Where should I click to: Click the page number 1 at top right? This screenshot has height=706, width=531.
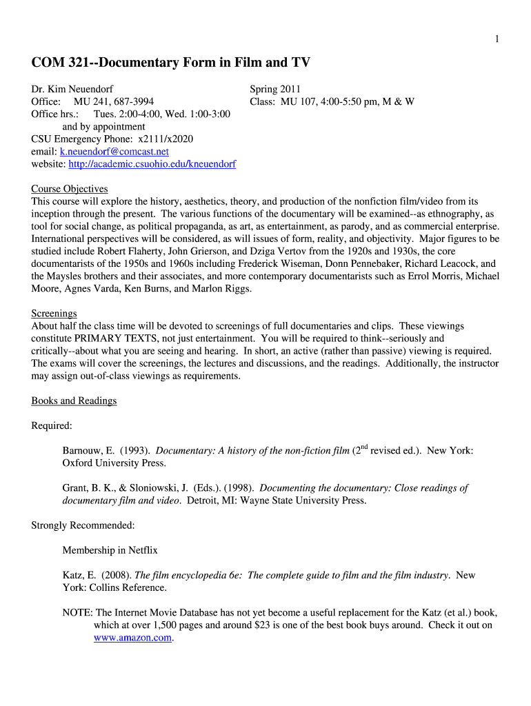coord(497,39)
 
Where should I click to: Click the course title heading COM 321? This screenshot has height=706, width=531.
coord(170,63)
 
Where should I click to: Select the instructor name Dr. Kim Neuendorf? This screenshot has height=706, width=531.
coord(72,89)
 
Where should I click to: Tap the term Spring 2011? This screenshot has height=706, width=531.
coord(275,89)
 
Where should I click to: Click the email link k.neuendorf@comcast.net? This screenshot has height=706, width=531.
coord(114,152)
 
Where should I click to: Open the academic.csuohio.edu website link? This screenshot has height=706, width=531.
coord(152,164)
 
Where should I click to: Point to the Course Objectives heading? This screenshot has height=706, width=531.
coord(70,189)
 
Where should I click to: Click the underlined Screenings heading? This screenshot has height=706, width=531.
coord(54,313)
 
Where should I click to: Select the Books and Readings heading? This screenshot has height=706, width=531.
coord(74,401)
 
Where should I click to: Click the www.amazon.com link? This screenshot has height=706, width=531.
coord(132,638)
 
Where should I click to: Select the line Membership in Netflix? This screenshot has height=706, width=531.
coord(110,550)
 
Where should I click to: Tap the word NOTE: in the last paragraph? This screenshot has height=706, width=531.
coord(77,612)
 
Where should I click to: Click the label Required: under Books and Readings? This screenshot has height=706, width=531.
coord(52,425)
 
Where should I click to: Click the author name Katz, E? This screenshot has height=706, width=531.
coord(79,575)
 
